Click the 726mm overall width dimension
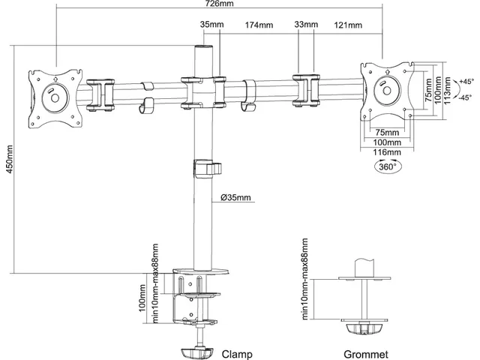[219, 3]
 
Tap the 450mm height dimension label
[10, 159]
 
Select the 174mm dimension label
[259, 25]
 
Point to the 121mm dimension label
[348, 25]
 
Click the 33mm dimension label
[306, 24]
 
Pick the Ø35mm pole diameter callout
[235, 197]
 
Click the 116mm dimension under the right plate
[387, 152]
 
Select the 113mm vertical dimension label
[447, 90]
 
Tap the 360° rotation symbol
[388, 166]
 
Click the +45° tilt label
[466, 82]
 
